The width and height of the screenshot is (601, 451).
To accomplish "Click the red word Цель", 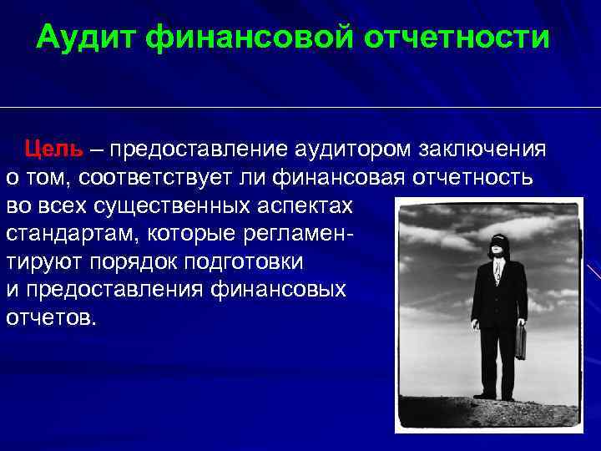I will click(53, 149).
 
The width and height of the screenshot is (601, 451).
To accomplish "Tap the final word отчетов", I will click(51, 317).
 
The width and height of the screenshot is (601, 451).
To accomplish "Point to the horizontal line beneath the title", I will click(300, 107).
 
